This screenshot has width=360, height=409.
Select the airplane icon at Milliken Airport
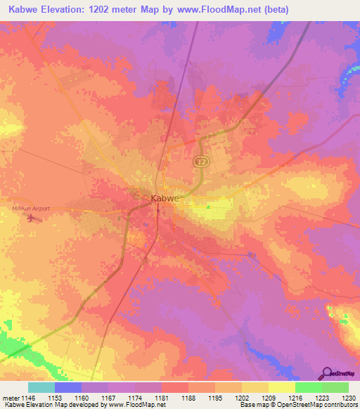tap(30, 217)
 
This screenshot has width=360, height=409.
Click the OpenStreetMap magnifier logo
tap(328, 372)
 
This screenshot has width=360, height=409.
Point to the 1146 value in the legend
tap(27, 398)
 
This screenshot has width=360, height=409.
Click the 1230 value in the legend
tap(349, 398)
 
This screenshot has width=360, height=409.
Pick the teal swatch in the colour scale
tap(41, 387)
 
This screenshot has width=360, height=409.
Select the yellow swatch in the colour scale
tap(281, 387)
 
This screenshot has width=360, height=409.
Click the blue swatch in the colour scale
tap(68, 387)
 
